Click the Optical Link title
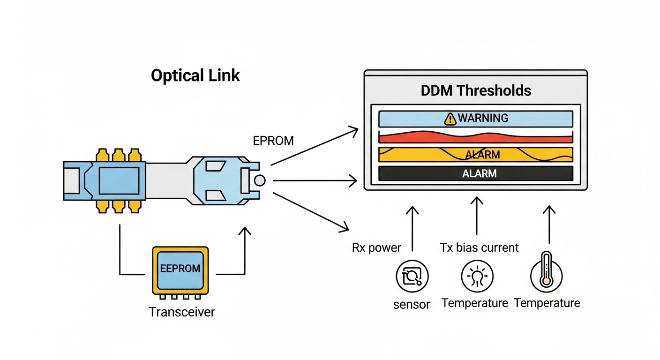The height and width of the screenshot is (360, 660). click(x=195, y=75)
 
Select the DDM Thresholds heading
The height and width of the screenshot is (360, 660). click(x=476, y=90)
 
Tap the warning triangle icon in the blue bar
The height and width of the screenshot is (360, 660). click(x=450, y=119)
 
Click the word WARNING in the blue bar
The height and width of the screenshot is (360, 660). click(x=483, y=118)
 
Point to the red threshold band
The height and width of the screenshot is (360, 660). click(x=475, y=137)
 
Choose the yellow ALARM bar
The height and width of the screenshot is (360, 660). click(x=475, y=154)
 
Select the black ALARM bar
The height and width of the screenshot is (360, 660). click(x=475, y=173)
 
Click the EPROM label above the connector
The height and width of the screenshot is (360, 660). click(x=273, y=141)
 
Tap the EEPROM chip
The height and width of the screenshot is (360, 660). click(x=180, y=269)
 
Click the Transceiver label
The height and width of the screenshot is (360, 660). click(x=181, y=312)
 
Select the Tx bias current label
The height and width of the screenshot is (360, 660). click(x=480, y=247)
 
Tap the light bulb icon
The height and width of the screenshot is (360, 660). click(x=476, y=277)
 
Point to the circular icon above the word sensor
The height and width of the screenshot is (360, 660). click(x=412, y=277)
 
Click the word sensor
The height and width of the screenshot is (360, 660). click(x=412, y=304)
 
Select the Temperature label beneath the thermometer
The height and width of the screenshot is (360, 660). click(x=547, y=303)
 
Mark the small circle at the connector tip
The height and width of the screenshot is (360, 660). click(x=259, y=180)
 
